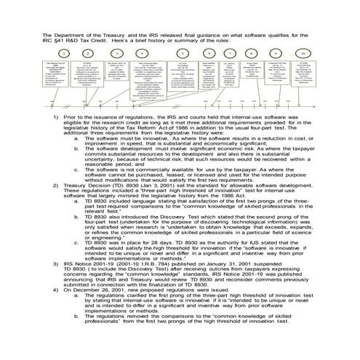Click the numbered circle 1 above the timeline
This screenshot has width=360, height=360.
tap(64, 53)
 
